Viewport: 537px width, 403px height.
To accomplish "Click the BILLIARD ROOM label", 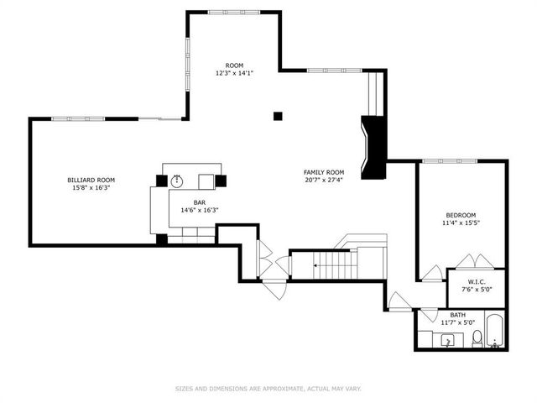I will pos(91,180).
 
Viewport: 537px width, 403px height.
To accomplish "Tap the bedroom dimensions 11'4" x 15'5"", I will pos(461,223).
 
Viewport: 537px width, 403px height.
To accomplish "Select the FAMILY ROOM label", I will pos(324,172).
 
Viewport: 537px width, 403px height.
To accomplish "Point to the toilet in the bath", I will pos(477,338).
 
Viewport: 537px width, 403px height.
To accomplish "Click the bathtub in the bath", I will pos(496,332).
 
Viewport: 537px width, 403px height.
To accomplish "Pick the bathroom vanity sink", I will pos(448,340).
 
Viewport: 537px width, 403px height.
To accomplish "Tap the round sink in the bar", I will pos(177,181).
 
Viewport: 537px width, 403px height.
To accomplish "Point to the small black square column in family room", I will pos(278,116).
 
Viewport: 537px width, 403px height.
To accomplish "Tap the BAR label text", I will pos(200,202).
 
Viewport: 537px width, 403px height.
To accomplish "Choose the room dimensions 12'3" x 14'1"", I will pos(234,74).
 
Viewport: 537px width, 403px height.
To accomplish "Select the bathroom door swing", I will pos(398,300).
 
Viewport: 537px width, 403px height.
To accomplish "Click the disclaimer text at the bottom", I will pos(268,389).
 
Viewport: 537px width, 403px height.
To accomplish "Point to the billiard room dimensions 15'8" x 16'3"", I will pos(91,188).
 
